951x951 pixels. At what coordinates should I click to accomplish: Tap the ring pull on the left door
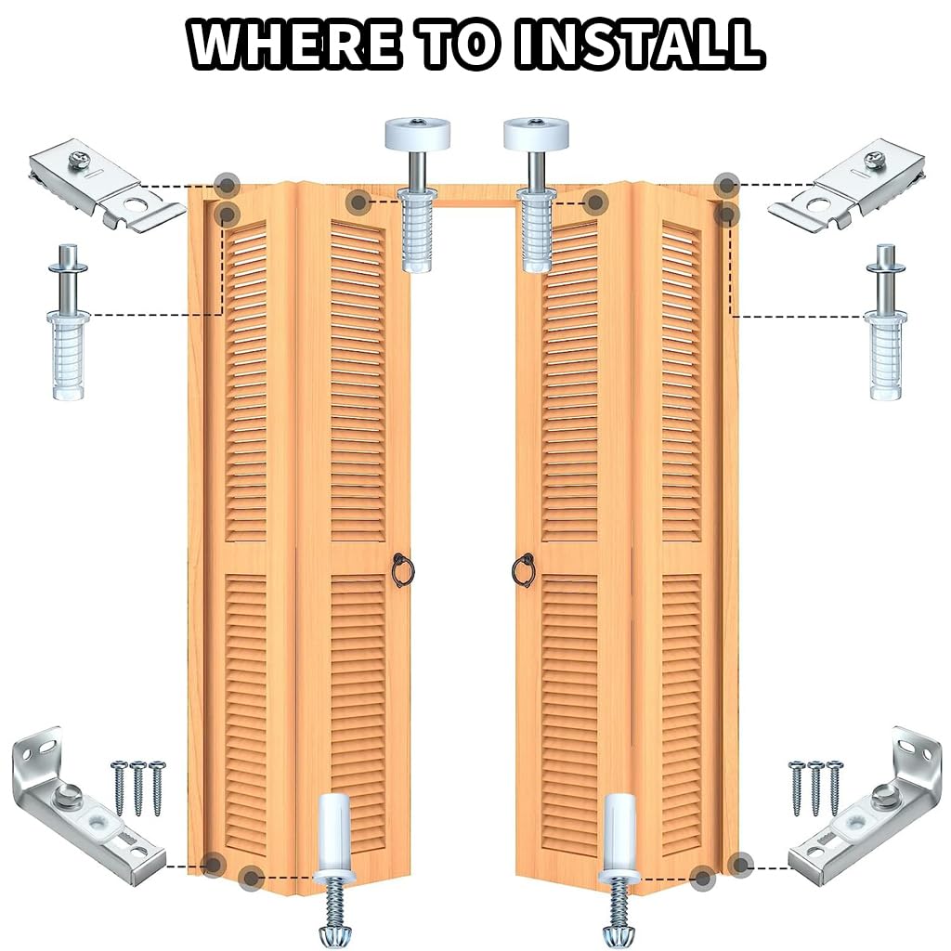[400, 570]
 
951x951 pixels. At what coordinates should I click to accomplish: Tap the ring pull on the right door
[524, 570]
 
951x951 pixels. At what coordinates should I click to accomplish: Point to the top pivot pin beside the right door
[885, 320]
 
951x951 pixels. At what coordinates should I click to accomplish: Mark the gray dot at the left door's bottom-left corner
[214, 865]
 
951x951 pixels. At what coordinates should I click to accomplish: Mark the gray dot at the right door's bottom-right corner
[739, 865]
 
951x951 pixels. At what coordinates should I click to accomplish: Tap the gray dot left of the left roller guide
[358, 200]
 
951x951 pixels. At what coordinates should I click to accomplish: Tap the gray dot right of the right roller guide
[595, 200]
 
